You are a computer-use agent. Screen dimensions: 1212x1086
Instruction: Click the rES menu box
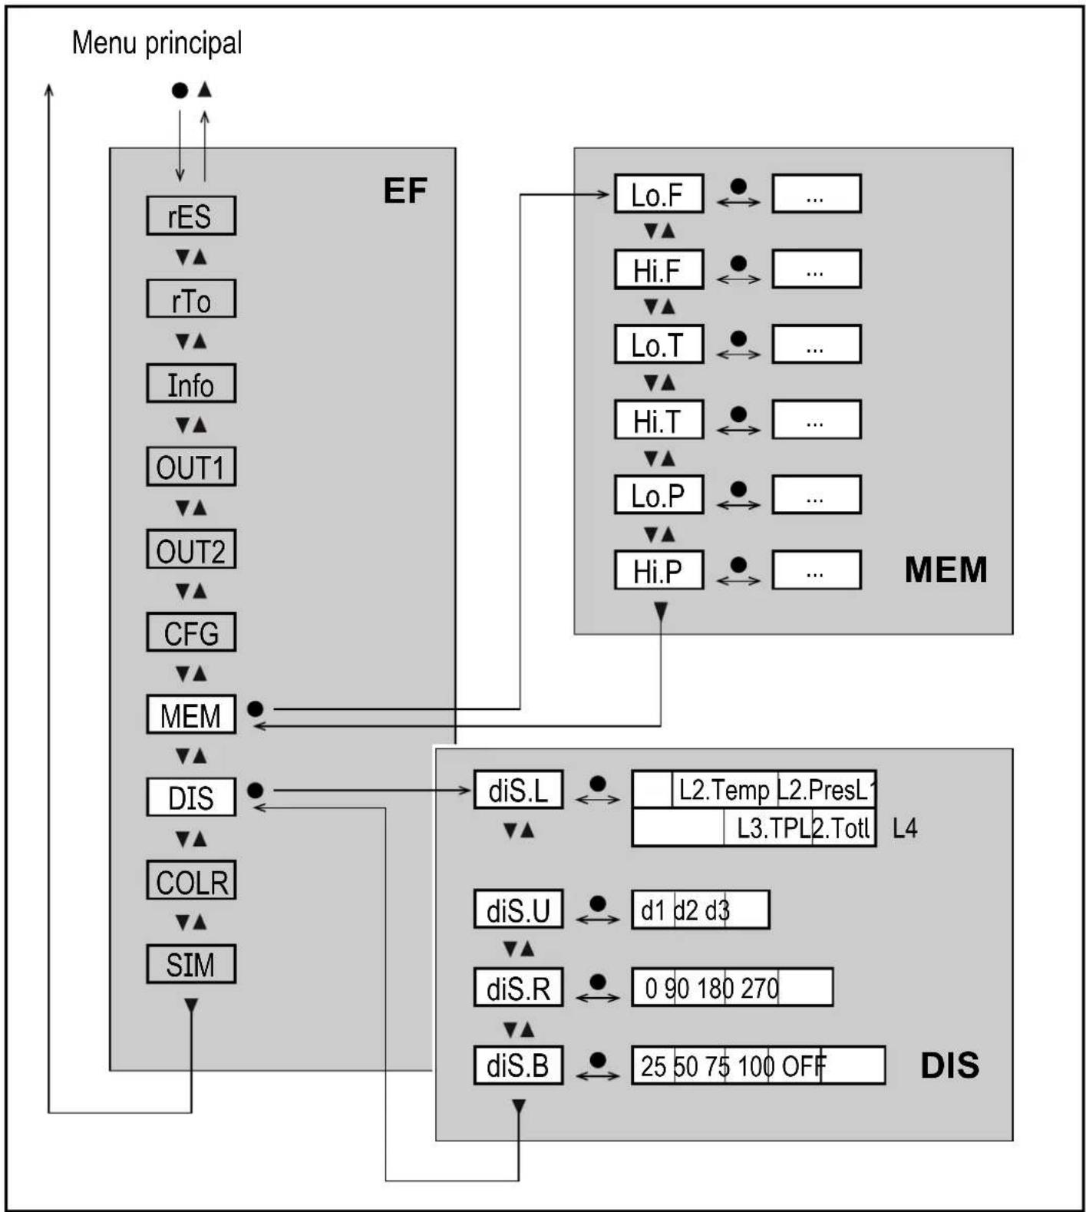click(x=190, y=216)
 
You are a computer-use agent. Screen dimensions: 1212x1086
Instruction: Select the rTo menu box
click(x=190, y=299)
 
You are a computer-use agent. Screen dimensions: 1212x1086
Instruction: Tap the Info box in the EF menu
click(x=190, y=384)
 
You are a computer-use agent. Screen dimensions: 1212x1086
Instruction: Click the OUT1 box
click(x=190, y=467)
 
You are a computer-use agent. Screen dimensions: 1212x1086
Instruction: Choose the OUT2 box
click(x=190, y=550)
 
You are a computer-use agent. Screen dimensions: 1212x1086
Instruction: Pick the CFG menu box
click(x=190, y=632)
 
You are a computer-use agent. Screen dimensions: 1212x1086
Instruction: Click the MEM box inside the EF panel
click(x=190, y=715)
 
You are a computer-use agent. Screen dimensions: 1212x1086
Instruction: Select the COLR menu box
click(x=190, y=881)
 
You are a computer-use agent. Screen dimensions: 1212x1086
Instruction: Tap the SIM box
click(x=190, y=964)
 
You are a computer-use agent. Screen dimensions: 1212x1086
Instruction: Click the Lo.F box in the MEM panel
click(x=659, y=194)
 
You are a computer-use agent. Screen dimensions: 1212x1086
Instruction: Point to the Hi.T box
click(x=659, y=420)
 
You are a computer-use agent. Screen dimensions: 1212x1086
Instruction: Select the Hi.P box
click(x=659, y=570)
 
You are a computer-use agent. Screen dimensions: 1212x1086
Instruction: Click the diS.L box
click(x=518, y=790)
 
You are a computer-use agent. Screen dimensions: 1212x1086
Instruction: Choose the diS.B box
click(x=518, y=1065)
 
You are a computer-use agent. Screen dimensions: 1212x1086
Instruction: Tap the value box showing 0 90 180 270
click(x=731, y=987)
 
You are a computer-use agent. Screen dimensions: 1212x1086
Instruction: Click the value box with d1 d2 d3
click(x=700, y=910)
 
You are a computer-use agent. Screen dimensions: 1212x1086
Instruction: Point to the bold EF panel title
click(x=404, y=190)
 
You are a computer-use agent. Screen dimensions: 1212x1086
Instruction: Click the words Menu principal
click(x=157, y=42)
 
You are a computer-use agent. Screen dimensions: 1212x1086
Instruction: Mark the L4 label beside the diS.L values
click(x=904, y=828)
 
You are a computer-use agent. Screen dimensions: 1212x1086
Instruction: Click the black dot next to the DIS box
click(x=256, y=790)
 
